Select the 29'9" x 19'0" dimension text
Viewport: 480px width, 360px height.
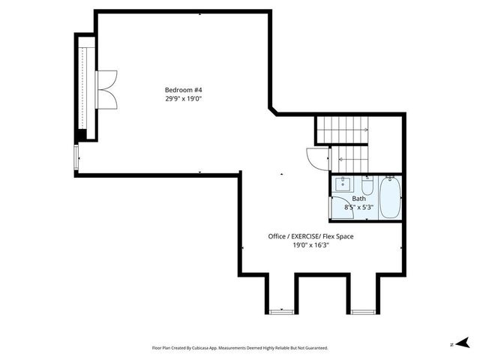coord(184,98)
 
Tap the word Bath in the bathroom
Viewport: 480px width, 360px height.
coord(358,199)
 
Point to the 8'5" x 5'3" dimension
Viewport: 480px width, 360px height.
coord(358,207)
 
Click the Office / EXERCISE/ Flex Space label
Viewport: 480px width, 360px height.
coord(310,236)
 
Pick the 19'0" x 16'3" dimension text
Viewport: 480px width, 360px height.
coord(310,244)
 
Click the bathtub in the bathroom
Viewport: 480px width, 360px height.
coord(389,197)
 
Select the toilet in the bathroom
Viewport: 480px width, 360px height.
coord(367,184)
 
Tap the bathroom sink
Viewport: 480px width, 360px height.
coord(343,184)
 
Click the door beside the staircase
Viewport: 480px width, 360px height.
coord(315,158)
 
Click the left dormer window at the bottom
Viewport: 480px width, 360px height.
coord(282,311)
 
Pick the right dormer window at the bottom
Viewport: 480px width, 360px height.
coord(363,311)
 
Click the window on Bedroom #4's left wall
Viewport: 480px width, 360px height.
coord(76,158)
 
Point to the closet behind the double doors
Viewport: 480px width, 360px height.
coord(85,88)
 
